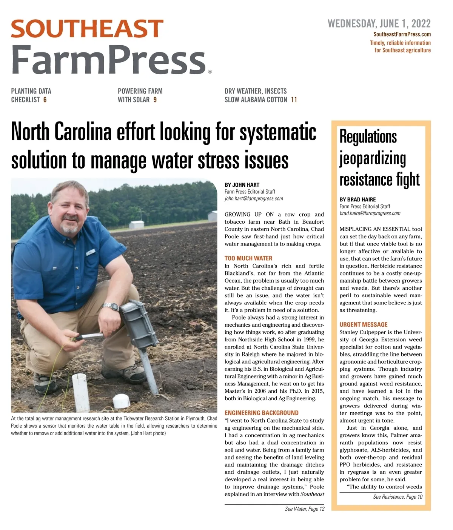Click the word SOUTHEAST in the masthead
pyautogui.click(x=87, y=29)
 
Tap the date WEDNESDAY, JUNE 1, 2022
pyautogui.click(x=379, y=24)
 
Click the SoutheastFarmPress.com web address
pyautogui.click(x=402, y=34)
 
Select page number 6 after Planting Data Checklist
pyautogui.click(x=45, y=100)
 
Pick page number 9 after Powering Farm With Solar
pyautogui.click(x=155, y=100)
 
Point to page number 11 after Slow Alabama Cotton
pyautogui.click(x=294, y=100)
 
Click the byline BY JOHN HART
pyautogui.click(x=242, y=185)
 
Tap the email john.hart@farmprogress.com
pyautogui.click(x=254, y=199)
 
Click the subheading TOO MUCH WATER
pyautogui.click(x=248, y=258)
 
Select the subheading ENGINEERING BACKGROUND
pyautogui.click(x=262, y=413)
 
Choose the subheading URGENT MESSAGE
pyautogui.click(x=364, y=324)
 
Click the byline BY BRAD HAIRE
pyautogui.click(x=357, y=200)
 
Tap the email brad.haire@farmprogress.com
pyautogui.click(x=370, y=214)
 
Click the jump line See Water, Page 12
pyautogui.click(x=305, y=509)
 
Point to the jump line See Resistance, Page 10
pyautogui.click(x=398, y=497)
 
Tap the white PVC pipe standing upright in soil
pyautogui.click(x=80, y=392)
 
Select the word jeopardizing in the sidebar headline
pyautogui.click(x=373, y=158)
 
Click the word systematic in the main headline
pyautogui.click(x=278, y=132)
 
